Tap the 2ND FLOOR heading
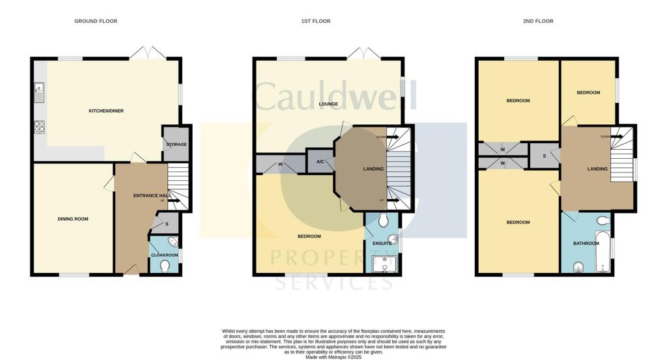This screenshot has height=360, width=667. [x=538, y=21]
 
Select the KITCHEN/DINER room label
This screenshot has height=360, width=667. [x=106, y=111]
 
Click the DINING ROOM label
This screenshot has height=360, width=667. [x=72, y=219]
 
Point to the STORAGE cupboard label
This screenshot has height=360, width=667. [x=177, y=145]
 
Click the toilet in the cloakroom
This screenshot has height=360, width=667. [x=166, y=266]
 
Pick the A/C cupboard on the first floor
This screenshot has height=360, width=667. [x=320, y=162]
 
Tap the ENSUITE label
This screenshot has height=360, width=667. [x=382, y=243]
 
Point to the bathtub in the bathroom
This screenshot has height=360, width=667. [x=604, y=251]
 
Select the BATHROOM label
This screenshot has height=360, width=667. [x=586, y=243]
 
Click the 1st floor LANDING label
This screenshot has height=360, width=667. [x=373, y=169]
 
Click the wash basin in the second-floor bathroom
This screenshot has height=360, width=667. [x=577, y=267]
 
